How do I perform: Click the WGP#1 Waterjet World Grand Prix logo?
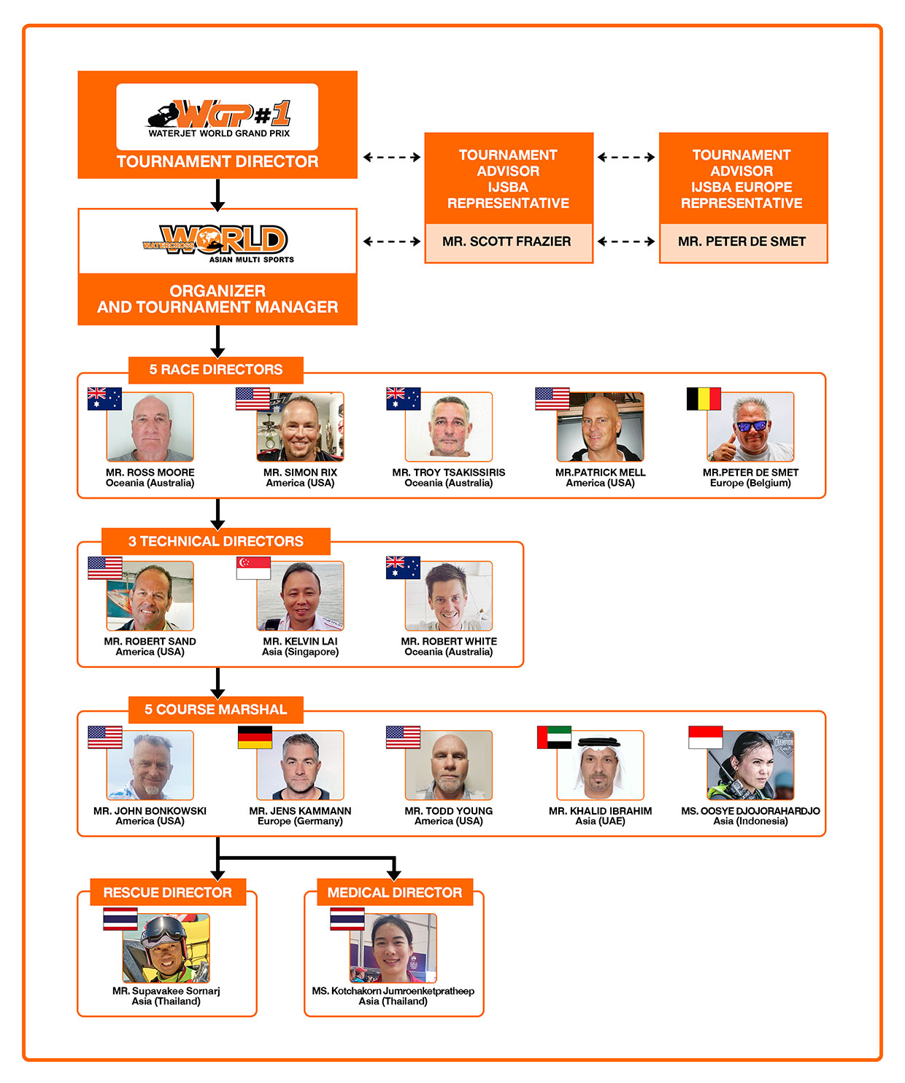click(x=217, y=118)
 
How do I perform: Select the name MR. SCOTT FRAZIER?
click(x=507, y=241)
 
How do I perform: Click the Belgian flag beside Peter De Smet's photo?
click(x=704, y=399)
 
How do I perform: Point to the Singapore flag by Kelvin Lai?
click(x=253, y=568)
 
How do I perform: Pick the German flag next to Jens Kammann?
click(x=255, y=737)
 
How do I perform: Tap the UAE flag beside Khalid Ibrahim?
click(x=554, y=737)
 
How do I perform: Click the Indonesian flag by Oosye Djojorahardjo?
click(x=706, y=737)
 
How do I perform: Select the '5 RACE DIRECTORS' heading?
click(x=216, y=370)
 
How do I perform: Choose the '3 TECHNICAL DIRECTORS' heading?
click(x=216, y=541)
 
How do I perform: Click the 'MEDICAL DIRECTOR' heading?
click(x=395, y=893)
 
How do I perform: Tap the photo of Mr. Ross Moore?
click(x=150, y=427)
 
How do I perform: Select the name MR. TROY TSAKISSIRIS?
click(x=449, y=473)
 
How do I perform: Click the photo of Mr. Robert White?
click(x=449, y=596)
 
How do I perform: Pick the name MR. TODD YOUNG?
click(x=449, y=811)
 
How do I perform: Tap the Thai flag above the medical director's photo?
click(x=347, y=919)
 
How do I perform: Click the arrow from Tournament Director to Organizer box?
click(x=217, y=195)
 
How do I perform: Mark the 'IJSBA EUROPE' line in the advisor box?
click(x=742, y=187)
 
